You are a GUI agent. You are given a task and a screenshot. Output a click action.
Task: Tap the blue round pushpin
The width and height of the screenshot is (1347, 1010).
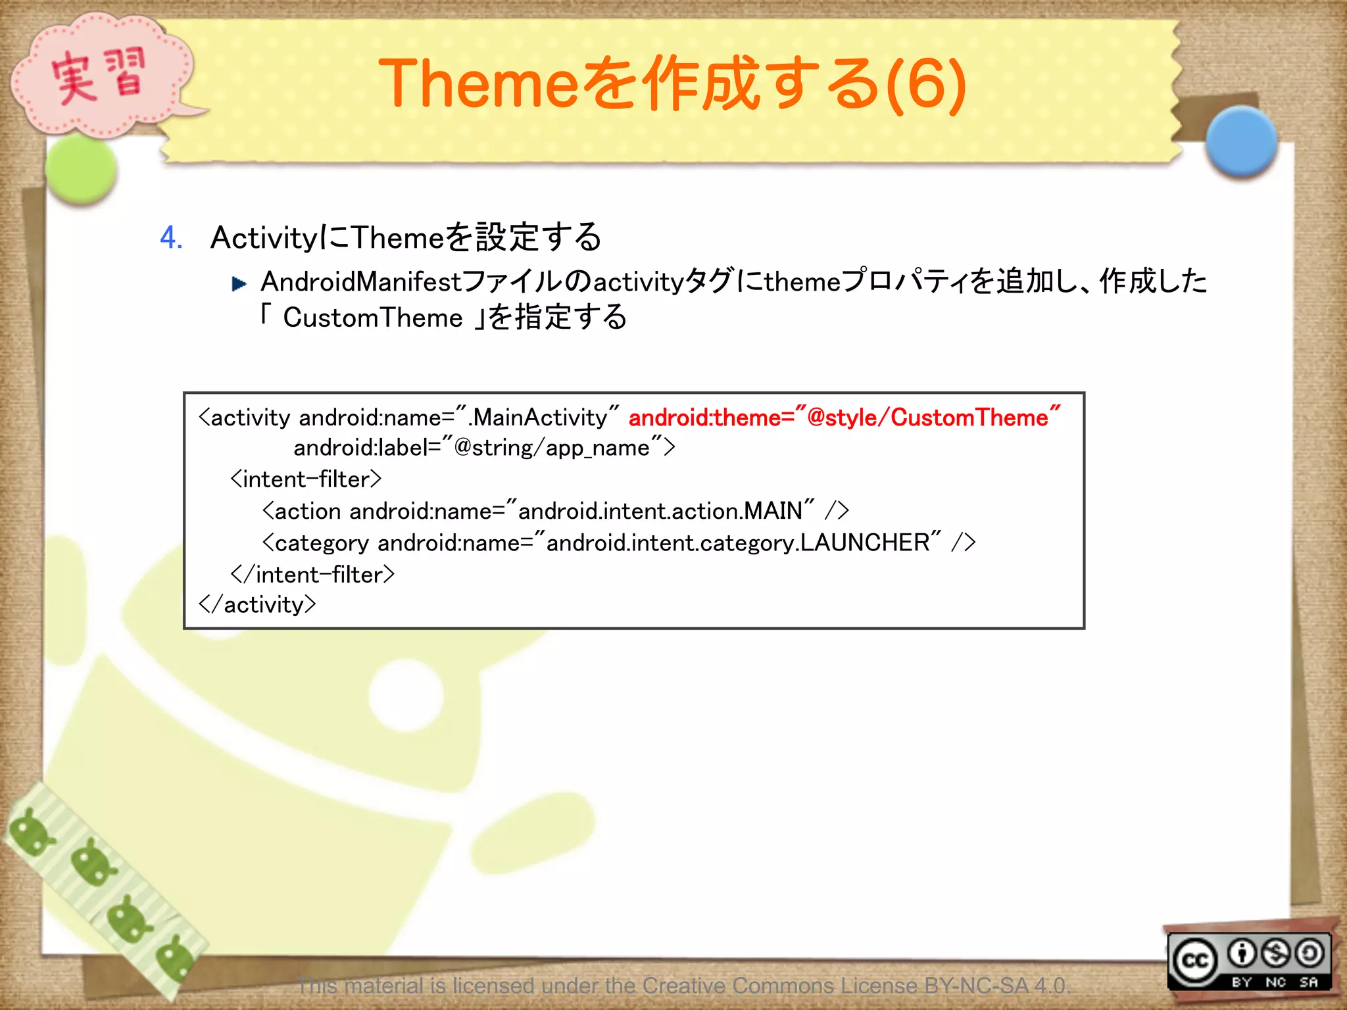1241,141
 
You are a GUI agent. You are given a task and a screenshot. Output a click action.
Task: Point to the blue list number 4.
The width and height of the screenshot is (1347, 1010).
171,237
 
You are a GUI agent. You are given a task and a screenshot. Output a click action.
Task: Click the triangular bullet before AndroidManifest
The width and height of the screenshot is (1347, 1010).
239,284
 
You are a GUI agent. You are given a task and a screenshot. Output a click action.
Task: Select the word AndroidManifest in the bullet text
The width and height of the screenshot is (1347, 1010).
361,282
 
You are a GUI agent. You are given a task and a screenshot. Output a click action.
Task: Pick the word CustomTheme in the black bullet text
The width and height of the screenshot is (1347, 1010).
372,318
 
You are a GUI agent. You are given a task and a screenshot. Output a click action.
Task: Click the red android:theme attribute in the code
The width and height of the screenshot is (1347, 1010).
844,418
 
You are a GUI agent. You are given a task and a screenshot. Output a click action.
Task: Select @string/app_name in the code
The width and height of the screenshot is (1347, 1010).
551,448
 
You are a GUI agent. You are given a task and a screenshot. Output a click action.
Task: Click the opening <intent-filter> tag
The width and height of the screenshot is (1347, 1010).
306,479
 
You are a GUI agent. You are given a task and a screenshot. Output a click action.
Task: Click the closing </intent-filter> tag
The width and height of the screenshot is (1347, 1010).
312,574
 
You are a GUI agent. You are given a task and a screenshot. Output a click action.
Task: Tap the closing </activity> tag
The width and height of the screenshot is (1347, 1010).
257,604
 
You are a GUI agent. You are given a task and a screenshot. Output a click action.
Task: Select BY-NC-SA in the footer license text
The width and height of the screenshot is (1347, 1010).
975,986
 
